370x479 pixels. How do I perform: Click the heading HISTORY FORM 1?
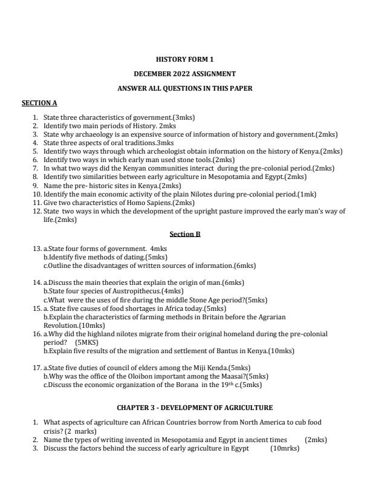(184, 59)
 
